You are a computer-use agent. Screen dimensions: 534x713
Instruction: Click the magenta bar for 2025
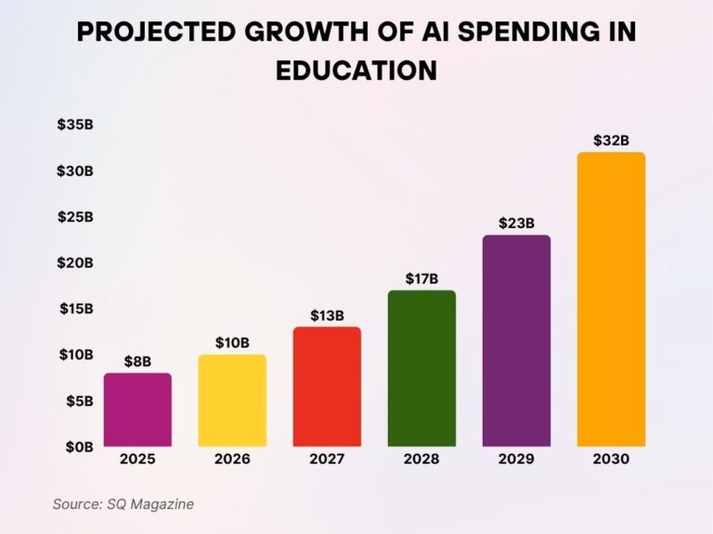click(x=137, y=410)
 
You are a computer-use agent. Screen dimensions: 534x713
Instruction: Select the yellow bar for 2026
click(x=232, y=400)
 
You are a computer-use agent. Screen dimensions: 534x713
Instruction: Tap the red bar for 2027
click(x=327, y=387)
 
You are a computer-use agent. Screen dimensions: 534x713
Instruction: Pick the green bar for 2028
click(x=421, y=368)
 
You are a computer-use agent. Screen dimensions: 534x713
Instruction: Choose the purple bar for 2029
click(x=516, y=340)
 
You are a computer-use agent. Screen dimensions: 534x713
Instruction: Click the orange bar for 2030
click(x=611, y=299)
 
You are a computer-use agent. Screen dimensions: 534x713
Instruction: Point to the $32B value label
click(x=611, y=141)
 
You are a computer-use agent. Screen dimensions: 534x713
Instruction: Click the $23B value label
click(x=516, y=223)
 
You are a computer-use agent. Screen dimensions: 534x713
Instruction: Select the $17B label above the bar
click(x=421, y=278)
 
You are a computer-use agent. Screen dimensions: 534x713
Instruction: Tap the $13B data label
click(x=327, y=315)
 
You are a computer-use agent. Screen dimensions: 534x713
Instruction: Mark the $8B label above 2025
click(x=137, y=362)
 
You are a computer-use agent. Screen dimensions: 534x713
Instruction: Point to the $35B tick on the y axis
click(x=75, y=125)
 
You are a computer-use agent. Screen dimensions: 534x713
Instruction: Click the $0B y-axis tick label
click(x=79, y=447)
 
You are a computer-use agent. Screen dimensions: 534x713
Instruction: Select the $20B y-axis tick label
click(x=75, y=263)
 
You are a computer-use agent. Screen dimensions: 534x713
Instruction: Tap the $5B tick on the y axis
click(x=79, y=401)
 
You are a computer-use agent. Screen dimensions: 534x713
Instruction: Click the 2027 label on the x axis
click(x=327, y=460)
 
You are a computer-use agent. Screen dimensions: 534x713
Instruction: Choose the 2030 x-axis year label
click(x=611, y=460)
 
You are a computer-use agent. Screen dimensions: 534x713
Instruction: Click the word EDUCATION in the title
click(x=356, y=71)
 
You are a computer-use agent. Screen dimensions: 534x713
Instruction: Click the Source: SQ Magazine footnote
click(x=123, y=504)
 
